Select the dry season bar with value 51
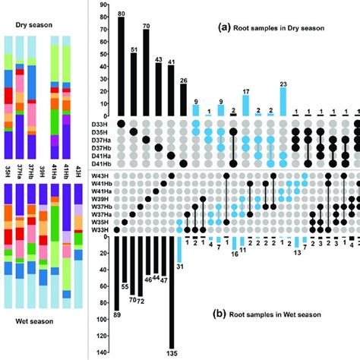(134, 84)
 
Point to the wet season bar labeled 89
(116, 273)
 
